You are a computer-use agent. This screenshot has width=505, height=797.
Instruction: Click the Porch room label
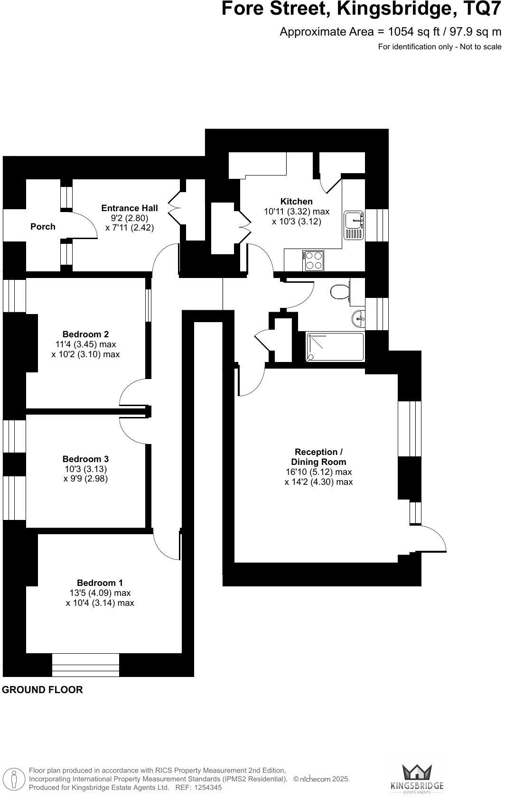point(43,227)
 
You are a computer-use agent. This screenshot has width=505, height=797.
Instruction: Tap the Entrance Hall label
point(130,208)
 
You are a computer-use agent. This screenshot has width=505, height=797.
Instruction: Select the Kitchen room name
point(296,202)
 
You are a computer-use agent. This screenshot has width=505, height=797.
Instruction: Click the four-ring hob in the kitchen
point(313,260)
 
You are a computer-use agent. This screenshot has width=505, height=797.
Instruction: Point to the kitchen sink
point(354,225)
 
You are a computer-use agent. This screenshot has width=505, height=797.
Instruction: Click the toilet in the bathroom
point(339,292)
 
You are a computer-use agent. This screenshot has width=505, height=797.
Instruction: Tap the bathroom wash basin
point(359,318)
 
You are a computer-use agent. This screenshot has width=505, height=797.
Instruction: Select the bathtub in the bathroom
point(335,347)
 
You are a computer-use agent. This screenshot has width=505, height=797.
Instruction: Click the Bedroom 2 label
point(85,334)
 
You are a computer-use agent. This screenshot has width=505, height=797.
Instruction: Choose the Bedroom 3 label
point(85,459)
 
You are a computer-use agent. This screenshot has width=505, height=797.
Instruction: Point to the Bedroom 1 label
point(100,583)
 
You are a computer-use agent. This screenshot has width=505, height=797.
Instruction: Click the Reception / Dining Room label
point(318,457)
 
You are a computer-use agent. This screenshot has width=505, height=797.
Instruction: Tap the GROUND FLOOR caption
point(43,690)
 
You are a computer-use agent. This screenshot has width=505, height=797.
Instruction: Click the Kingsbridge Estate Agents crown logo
point(416,773)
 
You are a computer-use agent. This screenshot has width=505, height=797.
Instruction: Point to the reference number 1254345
point(205,788)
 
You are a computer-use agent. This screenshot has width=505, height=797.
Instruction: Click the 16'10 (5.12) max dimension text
point(318,472)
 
